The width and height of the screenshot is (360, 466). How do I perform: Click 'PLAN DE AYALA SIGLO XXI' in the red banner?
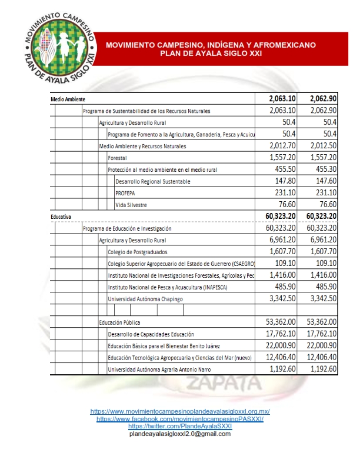click(210, 54)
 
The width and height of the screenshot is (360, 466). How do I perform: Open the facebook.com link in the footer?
click(179, 418)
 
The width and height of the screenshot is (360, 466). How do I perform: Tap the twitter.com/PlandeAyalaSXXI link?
click(179, 426)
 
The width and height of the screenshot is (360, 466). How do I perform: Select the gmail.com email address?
click(179, 434)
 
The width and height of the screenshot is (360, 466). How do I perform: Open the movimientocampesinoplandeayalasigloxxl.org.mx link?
click(179, 411)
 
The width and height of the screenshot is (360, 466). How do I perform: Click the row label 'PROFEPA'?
click(126, 193)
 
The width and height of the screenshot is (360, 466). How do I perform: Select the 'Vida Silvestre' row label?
click(131, 205)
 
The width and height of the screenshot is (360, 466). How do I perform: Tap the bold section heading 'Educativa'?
click(61, 217)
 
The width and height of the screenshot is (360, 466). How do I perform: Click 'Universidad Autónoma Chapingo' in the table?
click(145, 299)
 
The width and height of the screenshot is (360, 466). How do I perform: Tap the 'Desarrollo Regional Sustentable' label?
click(153, 181)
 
